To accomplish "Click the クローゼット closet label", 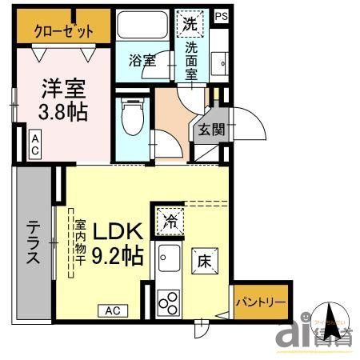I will tap(63, 31).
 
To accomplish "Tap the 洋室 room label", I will tap(62, 86).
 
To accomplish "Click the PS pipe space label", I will tap(221, 15).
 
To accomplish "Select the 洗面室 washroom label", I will tap(192, 61).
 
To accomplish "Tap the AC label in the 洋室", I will tap(35, 146).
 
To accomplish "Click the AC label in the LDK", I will tap(112, 310).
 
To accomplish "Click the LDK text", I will tap(118, 231).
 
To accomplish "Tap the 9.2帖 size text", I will tap(118, 256).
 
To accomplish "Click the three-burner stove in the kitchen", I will tap(170, 302).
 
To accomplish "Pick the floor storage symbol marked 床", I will tap(204, 261).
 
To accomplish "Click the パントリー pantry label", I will tap(260, 302).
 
